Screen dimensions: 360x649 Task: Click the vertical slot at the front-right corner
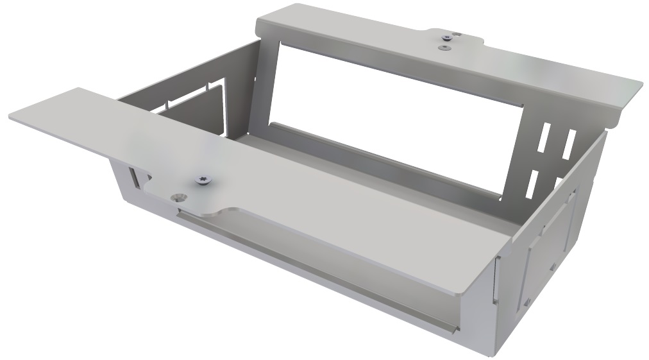pos(494,276)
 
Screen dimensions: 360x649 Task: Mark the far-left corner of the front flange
pos(11,117)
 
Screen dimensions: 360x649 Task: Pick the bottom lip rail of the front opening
pos(308,295)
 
